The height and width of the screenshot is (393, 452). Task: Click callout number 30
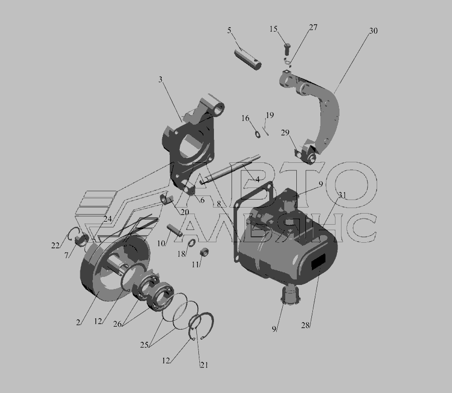coord(373,31)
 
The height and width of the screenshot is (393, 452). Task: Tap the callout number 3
coord(160,79)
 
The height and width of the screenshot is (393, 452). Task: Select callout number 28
coord(305,325)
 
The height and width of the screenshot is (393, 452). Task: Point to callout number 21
coord(204,365)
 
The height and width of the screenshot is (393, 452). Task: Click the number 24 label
coord(107,219)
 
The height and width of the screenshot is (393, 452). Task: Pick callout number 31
coord(342,195)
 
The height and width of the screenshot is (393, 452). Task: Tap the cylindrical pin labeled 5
coord(248,60)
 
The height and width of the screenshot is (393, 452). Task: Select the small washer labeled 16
coord(258,134)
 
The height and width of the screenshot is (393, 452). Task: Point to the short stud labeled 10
coord(174,230)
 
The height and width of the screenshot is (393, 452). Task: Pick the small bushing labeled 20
coord(166,200)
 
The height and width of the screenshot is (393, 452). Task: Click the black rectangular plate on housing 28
coord(318,262)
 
